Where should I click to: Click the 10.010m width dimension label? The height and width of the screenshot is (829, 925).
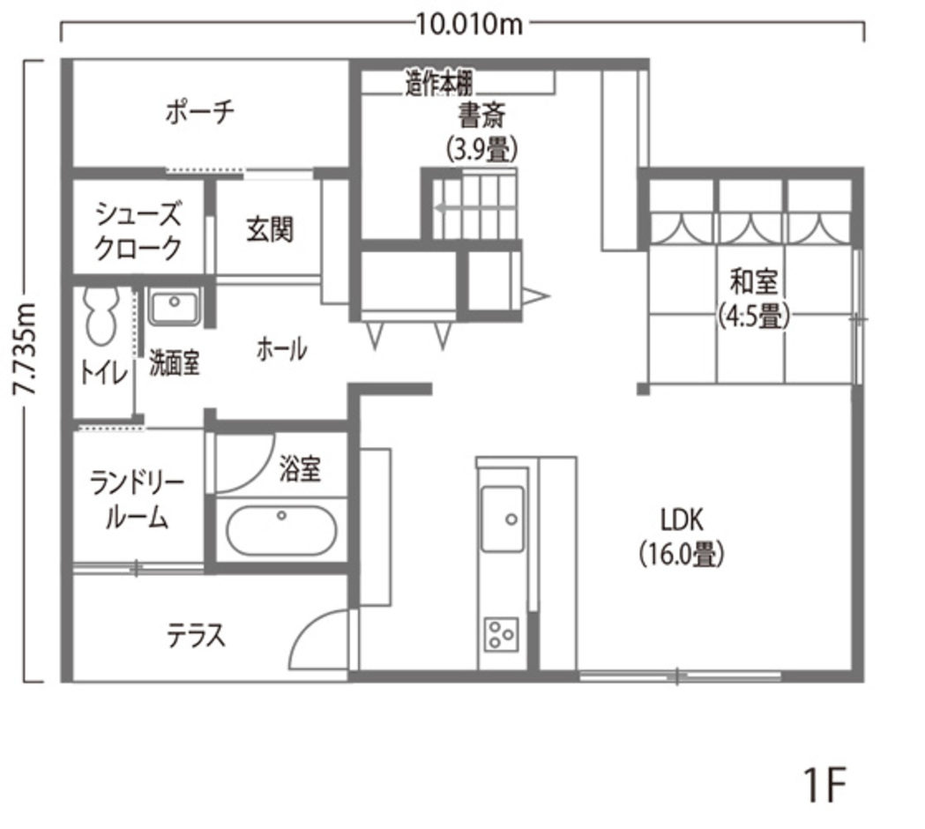coord(470,25)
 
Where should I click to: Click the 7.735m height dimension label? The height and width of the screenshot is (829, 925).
coord(26,349)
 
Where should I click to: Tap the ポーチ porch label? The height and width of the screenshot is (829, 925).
coord(200,112)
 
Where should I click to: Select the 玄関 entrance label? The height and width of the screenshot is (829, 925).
coord(270,229)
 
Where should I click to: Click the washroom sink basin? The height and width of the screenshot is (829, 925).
coord(174,306)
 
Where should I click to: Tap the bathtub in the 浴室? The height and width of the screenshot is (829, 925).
coord(281,530)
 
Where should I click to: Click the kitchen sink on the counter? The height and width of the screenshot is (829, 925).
coord(503,519)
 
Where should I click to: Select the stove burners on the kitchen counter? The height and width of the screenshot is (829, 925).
coord(502,634)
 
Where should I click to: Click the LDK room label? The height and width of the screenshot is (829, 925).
coord(682,520)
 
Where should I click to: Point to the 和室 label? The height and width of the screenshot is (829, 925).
coord(753,281)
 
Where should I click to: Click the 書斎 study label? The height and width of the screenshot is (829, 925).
coord(482,116)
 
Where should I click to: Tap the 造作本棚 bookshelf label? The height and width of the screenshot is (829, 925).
coord(439,83)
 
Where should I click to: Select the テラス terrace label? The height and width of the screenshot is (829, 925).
coord(197,636)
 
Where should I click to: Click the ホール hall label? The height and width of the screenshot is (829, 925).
coord(281,349)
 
